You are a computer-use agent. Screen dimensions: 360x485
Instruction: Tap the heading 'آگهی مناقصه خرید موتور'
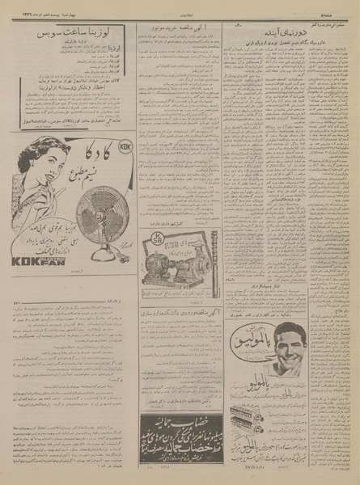click(169, 32)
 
